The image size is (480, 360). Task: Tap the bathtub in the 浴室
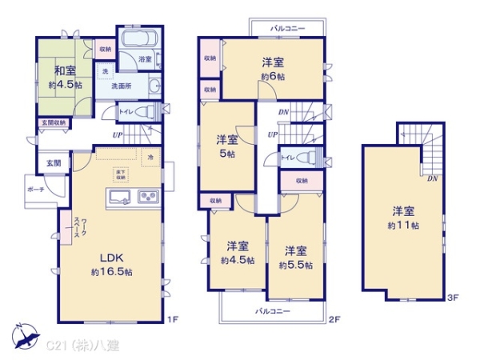141,41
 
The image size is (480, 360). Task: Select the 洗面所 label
122,86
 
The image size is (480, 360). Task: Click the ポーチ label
35,190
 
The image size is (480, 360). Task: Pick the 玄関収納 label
54,122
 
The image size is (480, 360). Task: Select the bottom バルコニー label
273,310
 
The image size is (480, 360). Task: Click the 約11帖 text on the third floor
404,226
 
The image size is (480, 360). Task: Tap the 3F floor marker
452,298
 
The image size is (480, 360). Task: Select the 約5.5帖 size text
295,263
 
